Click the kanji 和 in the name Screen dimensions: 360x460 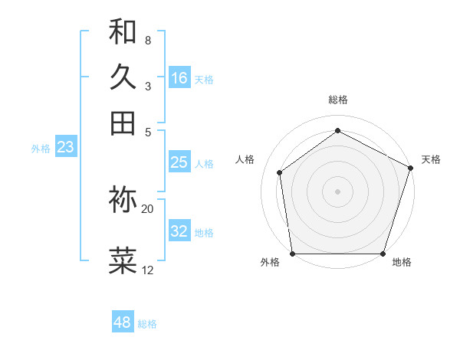point(123,32)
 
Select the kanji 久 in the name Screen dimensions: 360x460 point(123,77)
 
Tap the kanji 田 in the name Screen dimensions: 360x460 point(123,123)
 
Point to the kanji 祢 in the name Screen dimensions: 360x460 point(123,199)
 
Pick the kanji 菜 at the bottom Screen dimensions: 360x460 point(123,260)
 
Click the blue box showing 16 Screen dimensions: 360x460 point(179,78)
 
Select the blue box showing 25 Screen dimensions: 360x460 point(179,162)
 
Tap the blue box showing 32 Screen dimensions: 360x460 point(179,231)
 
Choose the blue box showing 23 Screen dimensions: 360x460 point(65,148)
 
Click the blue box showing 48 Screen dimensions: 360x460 point(122,322)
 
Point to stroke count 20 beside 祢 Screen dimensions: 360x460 point(148,208)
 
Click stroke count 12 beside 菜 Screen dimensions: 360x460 point(148,270)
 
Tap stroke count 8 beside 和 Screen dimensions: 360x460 point(148,40)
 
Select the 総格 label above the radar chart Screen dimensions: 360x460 point(337,100)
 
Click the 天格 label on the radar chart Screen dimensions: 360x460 point(431,159)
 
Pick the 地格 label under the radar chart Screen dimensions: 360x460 point(402,262)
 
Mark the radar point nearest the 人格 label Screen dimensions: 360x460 point(280,172)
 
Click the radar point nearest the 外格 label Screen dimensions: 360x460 point(292,254)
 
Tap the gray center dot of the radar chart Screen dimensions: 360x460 point(337,191)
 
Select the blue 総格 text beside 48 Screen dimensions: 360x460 point(147,324)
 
